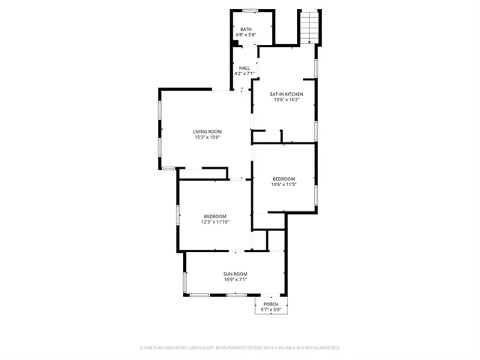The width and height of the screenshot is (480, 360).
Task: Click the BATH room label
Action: click(246, 29)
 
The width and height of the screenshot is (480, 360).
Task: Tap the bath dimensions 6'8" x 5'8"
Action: click(246, 34)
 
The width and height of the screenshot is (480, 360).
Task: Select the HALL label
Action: click(244, 67)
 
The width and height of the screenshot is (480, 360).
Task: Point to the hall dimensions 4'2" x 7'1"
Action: click(244, 73)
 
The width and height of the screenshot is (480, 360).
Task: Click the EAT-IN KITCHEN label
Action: click(286, 94)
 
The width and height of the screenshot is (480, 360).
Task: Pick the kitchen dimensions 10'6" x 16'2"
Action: click(286, 100)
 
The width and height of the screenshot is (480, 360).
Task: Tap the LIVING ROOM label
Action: click(208, 131)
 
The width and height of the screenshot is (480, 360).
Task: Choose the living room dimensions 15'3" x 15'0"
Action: click(208, 137)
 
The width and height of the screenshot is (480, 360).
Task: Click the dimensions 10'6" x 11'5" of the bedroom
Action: click(284, 184)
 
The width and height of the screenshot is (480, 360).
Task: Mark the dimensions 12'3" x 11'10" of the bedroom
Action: click(214, 222)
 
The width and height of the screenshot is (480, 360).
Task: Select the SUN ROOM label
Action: click(235, 274)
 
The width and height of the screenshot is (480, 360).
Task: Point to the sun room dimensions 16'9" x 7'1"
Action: click(235, 280)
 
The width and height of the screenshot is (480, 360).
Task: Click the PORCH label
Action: click(271, 304)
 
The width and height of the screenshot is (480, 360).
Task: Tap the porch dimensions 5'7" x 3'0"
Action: click(271, 310)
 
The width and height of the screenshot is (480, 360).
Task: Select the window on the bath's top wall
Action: click(250, 10)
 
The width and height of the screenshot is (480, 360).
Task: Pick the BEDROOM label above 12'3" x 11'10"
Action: click(214, 216)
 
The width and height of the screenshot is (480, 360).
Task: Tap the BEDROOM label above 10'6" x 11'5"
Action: click(284, 178)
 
